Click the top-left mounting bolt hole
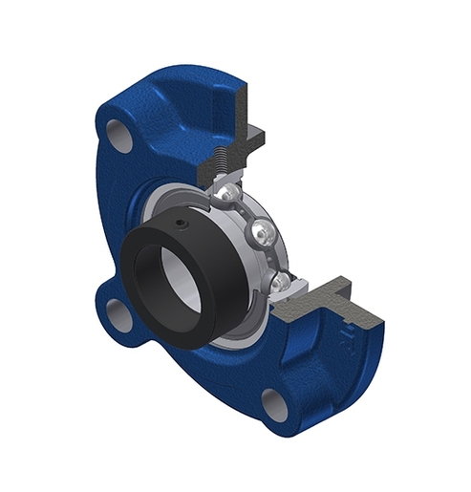[x=121, y=135]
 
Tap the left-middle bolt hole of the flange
[x=119, y=314]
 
